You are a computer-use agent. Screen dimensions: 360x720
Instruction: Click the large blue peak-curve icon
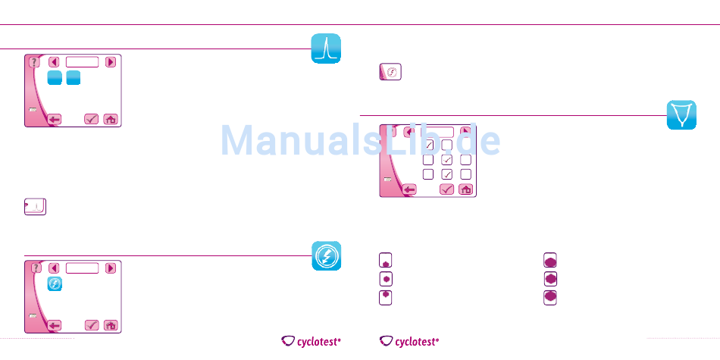326,49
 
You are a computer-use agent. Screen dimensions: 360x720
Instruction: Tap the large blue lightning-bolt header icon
326,256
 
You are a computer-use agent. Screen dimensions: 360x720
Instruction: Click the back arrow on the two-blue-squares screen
54,119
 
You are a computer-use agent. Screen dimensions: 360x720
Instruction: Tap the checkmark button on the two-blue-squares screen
92,119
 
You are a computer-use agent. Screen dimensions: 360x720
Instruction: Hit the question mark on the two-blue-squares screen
35,62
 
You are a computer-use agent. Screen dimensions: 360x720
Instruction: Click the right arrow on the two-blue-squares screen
111,62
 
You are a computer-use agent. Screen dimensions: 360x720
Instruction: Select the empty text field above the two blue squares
82,62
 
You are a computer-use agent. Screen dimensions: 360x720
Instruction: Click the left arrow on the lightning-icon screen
54,268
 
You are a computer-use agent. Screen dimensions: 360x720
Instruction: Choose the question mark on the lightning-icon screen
35,268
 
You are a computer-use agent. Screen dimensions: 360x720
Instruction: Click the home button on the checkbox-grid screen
466,189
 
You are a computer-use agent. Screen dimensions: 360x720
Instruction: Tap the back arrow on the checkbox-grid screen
409,189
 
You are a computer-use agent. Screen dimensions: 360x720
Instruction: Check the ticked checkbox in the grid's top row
429,144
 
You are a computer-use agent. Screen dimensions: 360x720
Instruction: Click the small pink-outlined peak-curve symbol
36,207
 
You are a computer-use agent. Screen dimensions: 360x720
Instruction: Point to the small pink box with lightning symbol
390,72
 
